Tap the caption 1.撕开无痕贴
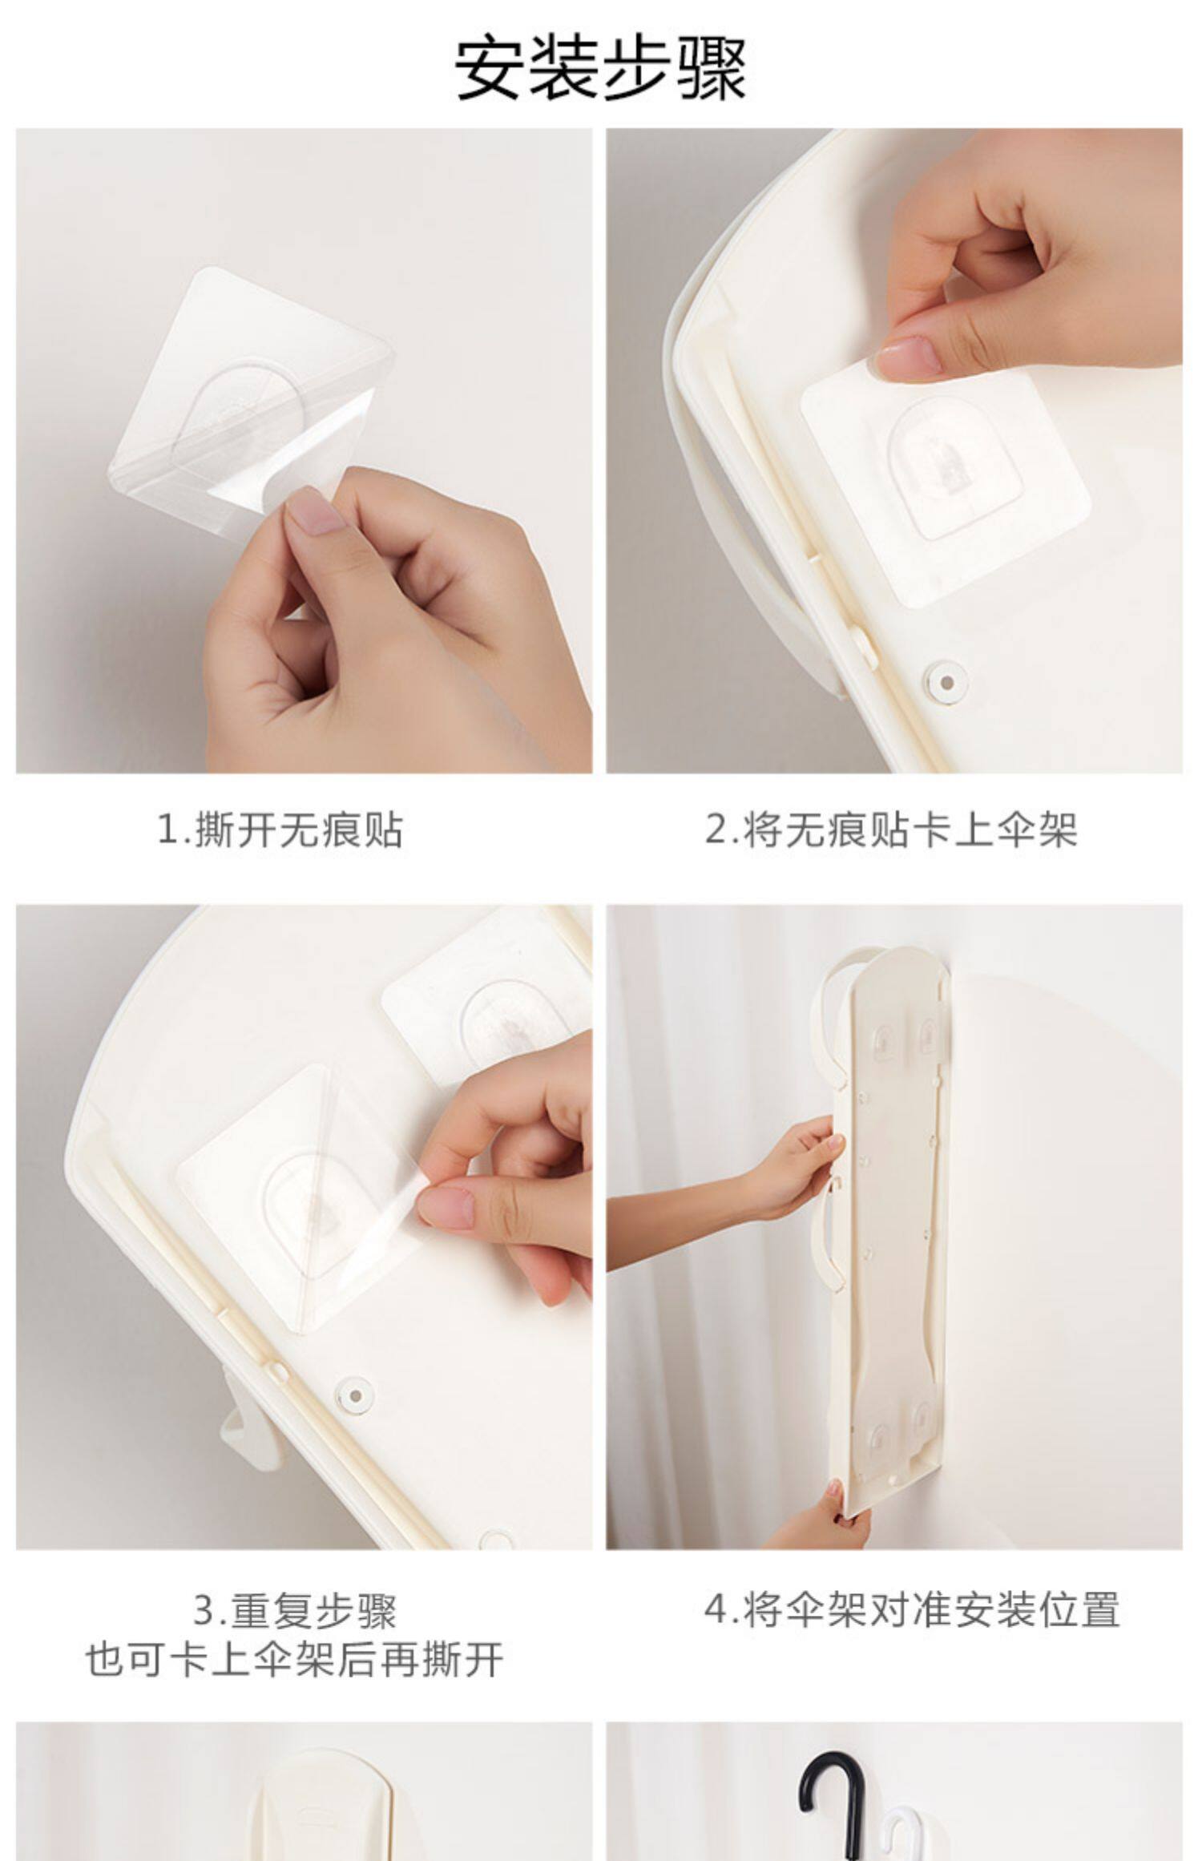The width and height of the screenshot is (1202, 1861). click(x=280, y=830)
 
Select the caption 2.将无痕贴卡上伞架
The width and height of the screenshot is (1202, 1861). click(x=891, y=830)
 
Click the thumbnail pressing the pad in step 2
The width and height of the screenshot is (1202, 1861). click(x=910, y=356)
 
